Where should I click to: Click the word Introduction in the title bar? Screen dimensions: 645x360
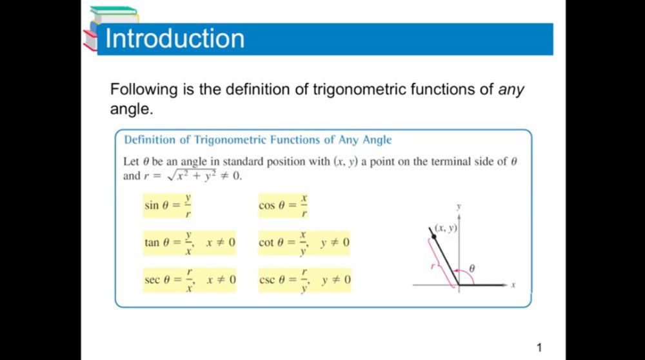[175, 38]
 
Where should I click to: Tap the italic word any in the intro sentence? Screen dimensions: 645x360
[511, 90]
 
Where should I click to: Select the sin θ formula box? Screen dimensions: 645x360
[168, 206]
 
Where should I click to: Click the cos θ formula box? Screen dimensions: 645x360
[283, 206]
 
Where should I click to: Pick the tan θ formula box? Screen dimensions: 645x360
[189, 243]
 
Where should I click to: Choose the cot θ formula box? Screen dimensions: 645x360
[304, 243]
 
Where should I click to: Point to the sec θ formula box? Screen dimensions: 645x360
[190, 280]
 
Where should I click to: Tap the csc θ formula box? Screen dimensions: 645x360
[305, 280]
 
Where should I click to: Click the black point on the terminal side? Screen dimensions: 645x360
[433, 236]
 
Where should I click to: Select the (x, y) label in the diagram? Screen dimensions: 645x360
[446, 228]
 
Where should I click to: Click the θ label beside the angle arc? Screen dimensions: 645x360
[472, 268]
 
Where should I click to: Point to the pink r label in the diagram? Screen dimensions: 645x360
[433, 266]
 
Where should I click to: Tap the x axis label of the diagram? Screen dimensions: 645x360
[513, 285]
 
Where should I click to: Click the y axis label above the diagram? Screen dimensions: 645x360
[459, 207]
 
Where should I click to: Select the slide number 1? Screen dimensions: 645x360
[539, 348]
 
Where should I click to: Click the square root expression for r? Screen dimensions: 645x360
[192, 175]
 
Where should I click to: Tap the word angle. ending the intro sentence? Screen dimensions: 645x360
[131, 110]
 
